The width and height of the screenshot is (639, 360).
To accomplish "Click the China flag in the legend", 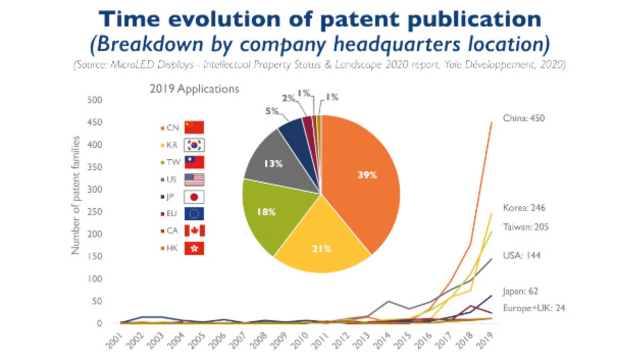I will pyautogui.click(x=194, y=127).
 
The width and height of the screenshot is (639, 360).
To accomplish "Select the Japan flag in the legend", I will pyautogui.click(x=194, y=196).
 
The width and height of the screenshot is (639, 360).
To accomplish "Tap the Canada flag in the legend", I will pyautogui.click(x=194, y=231).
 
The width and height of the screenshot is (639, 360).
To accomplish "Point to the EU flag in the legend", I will pyautogui.click(x=194, y=214).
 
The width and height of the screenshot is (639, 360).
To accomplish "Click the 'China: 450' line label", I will pyautogui.click(x=523, y=118).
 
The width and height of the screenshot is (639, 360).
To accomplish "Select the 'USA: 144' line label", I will pyautogui.click(x=521, y=256).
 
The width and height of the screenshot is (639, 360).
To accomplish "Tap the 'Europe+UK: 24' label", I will pyautogui.click(x=533, y=308).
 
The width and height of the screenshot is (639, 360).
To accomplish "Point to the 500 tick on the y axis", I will pyautogui.click(x=95, y=100).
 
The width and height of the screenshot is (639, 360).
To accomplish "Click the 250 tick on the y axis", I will pyautogui.click(x=95, y=212).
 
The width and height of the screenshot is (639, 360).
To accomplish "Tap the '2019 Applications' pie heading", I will pyautogui.click(x=194, y=89).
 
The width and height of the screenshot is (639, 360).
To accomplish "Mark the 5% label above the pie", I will pyautogui.click(x=272, y=111).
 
